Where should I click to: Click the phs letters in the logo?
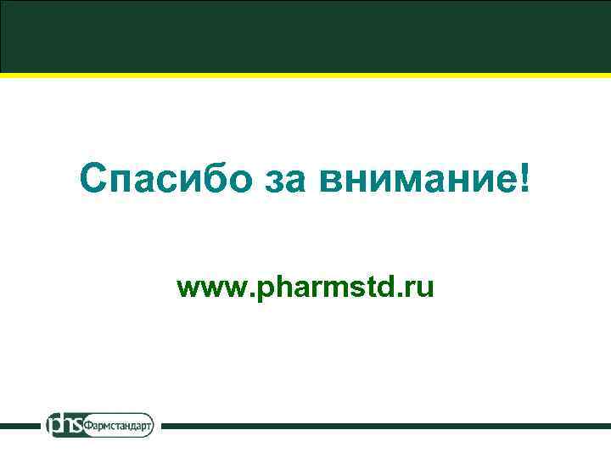[65, 424]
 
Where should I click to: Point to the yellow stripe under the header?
[305, 75]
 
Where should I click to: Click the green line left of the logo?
[21, 425]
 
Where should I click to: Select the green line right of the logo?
[382, 425]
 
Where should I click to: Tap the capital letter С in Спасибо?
[92, 178]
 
